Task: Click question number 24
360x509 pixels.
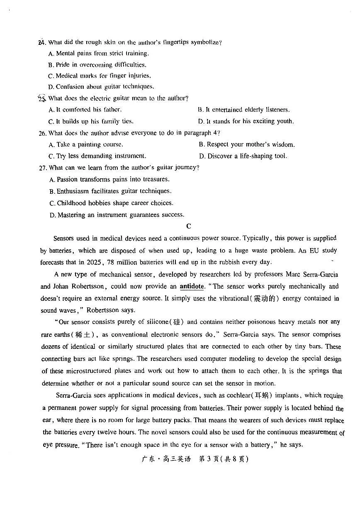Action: click(x=42, y=42)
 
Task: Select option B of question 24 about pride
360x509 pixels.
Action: click(x=97, y=65)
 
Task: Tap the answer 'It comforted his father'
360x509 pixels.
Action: click(x=85, y=110)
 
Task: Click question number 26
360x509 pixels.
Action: click(x=42, y=133)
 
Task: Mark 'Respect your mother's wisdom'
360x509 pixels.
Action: click(x=247, y=145)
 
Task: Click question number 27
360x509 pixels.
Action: click(x=42, y=168)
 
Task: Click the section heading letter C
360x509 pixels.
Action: click(x=189, y=226)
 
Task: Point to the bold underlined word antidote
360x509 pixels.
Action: click(x=192, y=287)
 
